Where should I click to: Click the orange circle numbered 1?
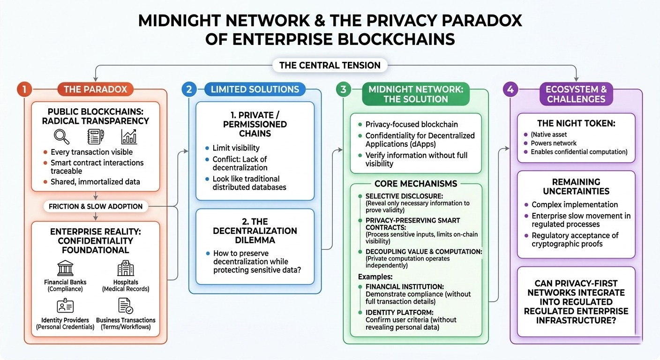click(x=24, y=89)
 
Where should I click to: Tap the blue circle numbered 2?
click(x=189, y=89)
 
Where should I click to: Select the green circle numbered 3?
click(x=343, y=89)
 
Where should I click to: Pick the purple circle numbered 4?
click(x=510, y=89)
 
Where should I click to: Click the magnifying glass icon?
click(x=61, y=137)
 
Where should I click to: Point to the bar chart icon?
click(x=129, y=137)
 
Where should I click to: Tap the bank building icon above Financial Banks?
click(x=65, y=268)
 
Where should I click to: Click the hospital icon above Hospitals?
click(x=126, y=268)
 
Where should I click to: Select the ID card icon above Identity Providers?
click(x=65, y=306)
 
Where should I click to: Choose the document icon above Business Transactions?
click(x=126, y=306)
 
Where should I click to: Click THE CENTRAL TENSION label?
click(x=330, y=65)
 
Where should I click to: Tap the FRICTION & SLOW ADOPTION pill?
click(x=96, y=206)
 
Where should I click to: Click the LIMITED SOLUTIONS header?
click(x=255, y=89)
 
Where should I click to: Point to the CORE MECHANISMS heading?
click(x=416, y=184)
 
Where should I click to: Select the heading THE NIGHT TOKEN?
click(x=576, y=123)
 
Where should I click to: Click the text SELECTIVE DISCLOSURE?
click(x=404, y=196)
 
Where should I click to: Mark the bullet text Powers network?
click(x=553, y=143)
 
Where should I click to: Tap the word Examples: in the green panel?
click(x=375, y=277)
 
